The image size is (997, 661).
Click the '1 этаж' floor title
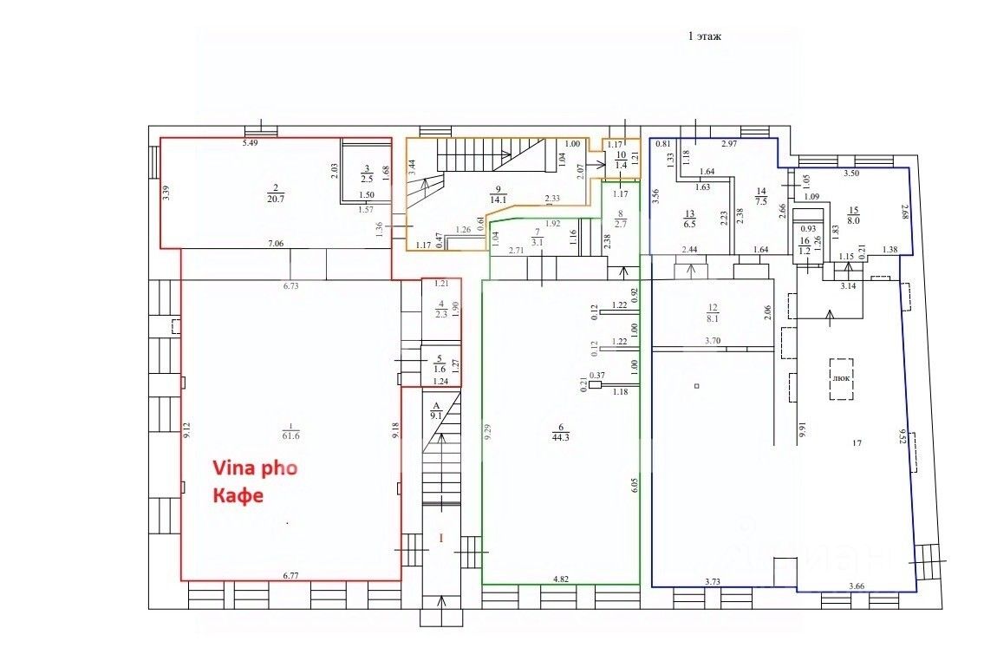pyautogui.click(x=704, y=36)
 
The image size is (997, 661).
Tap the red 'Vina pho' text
pyautogui.click(x=256, y=468)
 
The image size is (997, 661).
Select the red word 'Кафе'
pyautogui.click(x=238, y=496)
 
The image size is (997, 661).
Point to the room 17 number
pyautogui.click(x=857, y=443)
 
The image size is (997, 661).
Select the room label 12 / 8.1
pyautogui.click(x=713, y=311)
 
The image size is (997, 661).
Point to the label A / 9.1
pyautogui.click(x=436, y=409)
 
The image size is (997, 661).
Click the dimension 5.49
pyautogui.click(x=251, y=142)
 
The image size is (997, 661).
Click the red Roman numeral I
pyautogui.click(x=440, y=539)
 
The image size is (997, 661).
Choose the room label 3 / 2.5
pyautogui.click(x=366, y=172)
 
